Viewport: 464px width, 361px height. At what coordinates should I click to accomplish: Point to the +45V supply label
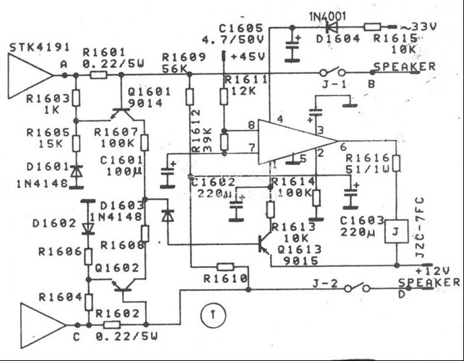(x=244, y=57)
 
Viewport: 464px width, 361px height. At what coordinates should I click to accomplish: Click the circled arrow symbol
(x=213, y=313)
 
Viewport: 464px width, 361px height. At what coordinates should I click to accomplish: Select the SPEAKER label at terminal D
(x=429, y=283)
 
